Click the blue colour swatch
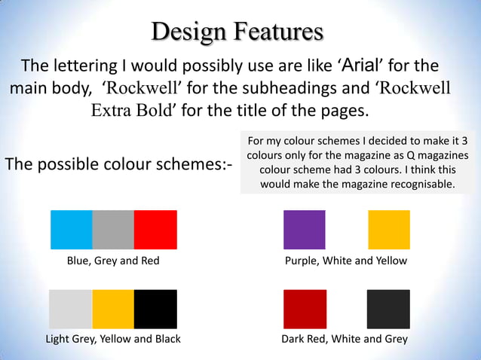[x=71, y=230]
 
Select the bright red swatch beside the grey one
[x=155, y=230]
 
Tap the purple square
[x=305, y=230]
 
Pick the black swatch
[x=155, y=309]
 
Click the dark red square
[x=305, y=309]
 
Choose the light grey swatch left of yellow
[x=71, y=309]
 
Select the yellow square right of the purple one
[x=389, y=230]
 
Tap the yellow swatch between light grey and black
[x=113, y=309]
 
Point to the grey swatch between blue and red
[x=113, y=230]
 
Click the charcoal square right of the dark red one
[x=389, y=309]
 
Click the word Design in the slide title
[x=189, y=32]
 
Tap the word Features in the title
[x=279, y=32]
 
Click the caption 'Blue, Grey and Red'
[x=113, y=261]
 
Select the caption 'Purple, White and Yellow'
[x=345, y=261]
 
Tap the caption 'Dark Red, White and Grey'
[x=345, y=339]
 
